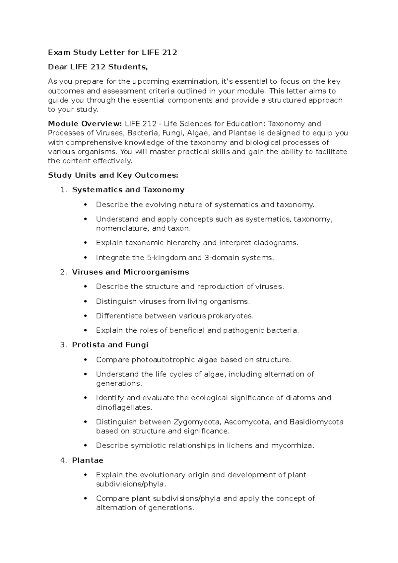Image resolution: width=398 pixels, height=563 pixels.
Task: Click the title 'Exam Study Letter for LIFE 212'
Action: click(x=112, y=52)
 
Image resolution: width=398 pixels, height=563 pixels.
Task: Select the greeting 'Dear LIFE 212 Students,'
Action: click(x=98, y=67)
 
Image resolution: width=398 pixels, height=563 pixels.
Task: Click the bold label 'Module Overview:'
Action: click(x=85, y=124)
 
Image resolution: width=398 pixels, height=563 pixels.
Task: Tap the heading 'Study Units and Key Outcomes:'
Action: click(x=113, y=175)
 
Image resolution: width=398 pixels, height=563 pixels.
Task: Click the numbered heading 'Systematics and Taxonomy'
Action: click(x=128, y=190)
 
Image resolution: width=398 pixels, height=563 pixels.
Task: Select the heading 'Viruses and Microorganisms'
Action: click(x=130, y=272)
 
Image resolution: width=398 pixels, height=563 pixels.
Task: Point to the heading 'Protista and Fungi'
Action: click(x=110, y=345)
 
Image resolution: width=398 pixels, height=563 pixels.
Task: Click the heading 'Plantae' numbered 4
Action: click(x=88, y=460)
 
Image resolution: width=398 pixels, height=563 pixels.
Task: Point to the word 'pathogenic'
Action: click(x=240, y=331)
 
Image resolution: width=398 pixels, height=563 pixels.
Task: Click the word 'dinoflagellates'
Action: click(x=124, y=407)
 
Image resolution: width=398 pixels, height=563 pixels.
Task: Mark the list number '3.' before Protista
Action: click(x=64, y=345)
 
